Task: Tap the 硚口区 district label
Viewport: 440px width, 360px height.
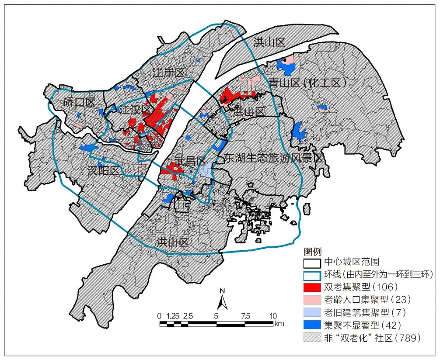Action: click(x=79, y=103)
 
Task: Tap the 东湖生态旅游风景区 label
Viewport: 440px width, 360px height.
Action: click(x=273, y=158)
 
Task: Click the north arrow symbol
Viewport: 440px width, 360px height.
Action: click(x=222, y=299)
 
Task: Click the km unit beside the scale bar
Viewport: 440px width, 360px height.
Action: click(x=279, y=324)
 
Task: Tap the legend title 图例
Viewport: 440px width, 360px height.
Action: click(x=313, y=252)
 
